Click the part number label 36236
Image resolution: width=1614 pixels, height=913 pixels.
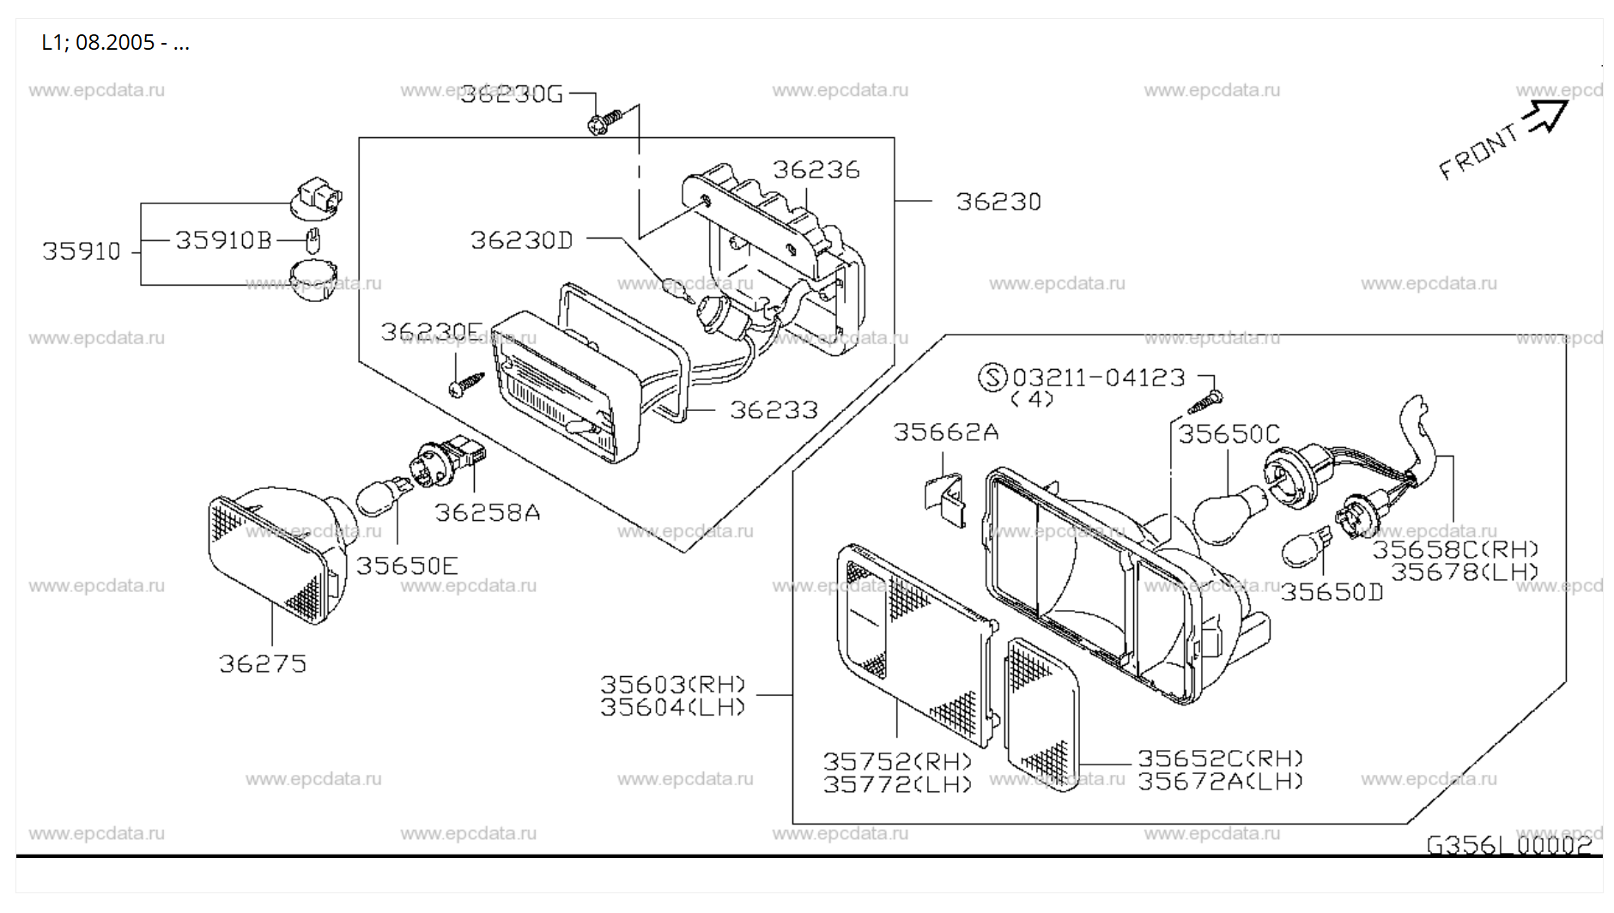(816, 170)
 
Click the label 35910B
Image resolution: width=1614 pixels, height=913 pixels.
(223, 240)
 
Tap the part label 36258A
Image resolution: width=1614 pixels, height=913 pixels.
(487, 513)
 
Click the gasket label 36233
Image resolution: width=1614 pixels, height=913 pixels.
(774, 410)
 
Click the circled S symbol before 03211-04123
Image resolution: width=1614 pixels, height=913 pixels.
(992, 378)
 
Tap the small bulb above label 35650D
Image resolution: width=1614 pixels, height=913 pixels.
(1305, 547)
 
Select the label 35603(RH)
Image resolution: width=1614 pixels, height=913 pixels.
(672, 685)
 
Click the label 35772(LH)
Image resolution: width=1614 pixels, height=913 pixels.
(897, 783)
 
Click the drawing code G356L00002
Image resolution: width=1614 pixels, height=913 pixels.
(1509, 845)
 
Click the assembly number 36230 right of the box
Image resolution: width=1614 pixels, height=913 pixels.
(998, 203)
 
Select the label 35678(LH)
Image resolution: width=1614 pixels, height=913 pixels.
(1465, 571)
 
